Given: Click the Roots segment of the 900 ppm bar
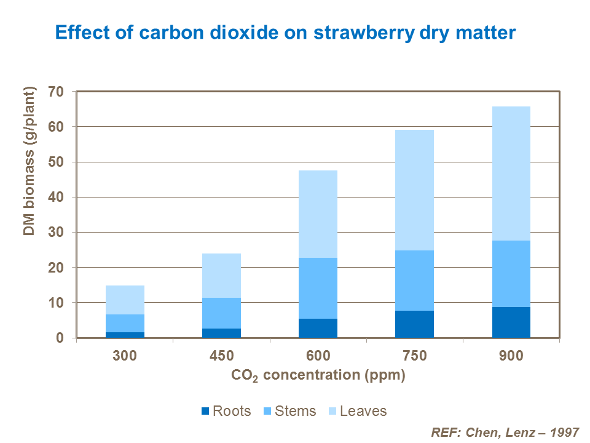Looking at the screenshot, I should tap(511, 322).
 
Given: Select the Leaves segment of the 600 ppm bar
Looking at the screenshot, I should tap(318, 214).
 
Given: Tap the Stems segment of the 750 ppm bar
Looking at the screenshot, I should tap(414, 281).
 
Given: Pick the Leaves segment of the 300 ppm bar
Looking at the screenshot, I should tap(125, 300).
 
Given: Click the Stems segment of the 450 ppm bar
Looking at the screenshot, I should tap(221, 313).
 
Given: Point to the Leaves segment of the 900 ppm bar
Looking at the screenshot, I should tap(511, 174).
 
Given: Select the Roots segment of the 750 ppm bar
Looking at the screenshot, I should tap(414, 324).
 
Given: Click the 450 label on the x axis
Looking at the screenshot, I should tap(221, 356).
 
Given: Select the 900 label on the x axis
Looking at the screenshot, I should tap(511, 356).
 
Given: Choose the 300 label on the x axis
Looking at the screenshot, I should tap(125, 356).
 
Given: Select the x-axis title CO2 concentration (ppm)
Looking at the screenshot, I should tap(318, 375).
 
